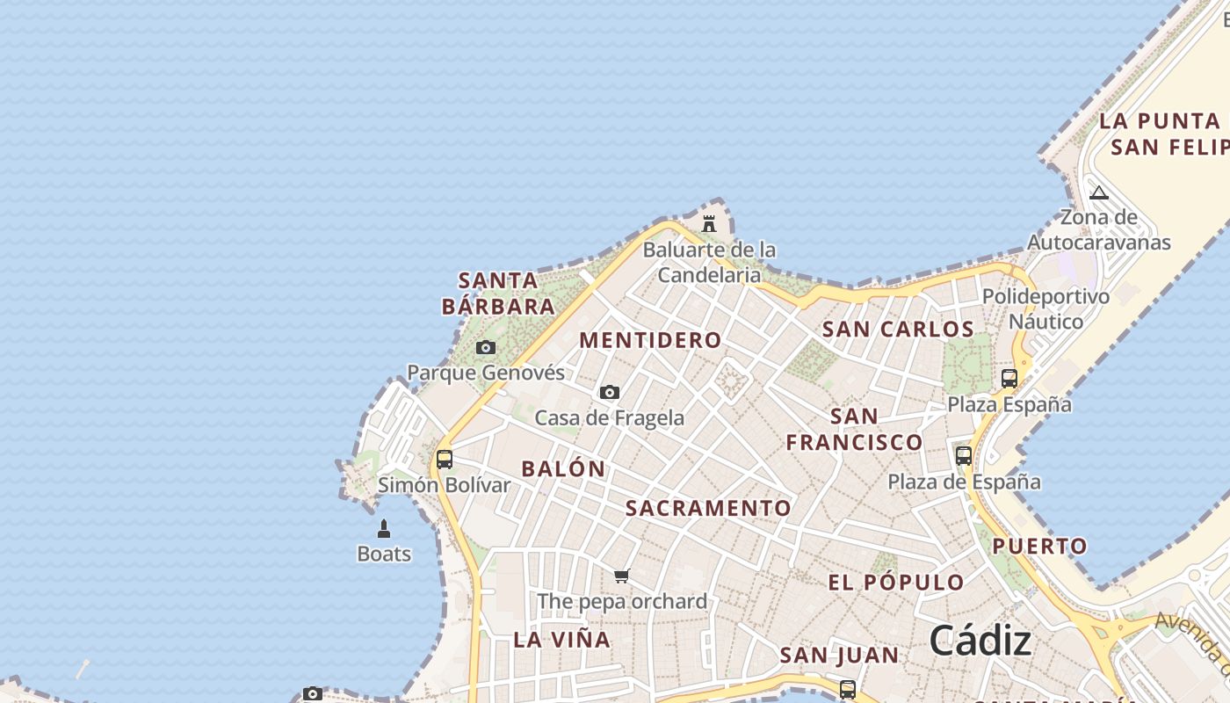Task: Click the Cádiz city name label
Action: pyautogui.click(x=980, y=641)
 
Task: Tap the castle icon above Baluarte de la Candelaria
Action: pyautogui.click(x=709, y=223)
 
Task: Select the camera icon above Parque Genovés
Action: pyautogui.click(x=486, y=348)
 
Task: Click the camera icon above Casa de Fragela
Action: pyautogui.click(x=610, y=392)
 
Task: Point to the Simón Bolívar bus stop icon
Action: pyautogui.click(x=445, y=459)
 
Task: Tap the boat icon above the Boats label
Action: pyautogui.click(x=384, y=528)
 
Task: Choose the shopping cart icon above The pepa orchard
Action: pyautogui.click(x=622, y=576)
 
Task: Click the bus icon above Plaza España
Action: pyautogui.click(x=1009, y=379)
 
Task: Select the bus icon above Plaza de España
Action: pyautogui.click(x=964, y=455)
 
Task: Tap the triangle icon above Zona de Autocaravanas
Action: pyautogui.click(x=1099, y=192)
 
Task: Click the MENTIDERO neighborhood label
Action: pyautogui.click(x=651, y=340)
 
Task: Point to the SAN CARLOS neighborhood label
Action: pyautogui.click(x=898, y=330)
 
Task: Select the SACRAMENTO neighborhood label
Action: pyautogui.click(x=709, y=508)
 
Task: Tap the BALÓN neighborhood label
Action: pyautogui.click(x=564, y=468)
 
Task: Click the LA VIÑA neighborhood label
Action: pyautogui.click(x=562, y=640)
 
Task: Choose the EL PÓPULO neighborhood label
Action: pyautogui.click(x=896, y=582)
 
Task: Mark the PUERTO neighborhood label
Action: pyautogui.click(x=1040, y=546)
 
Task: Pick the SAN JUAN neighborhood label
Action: pyautogui.click(x=840, y=655)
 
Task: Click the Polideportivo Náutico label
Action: pyautogui.click(x=1045, y=308)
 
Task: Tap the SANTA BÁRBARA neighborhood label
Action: pyautogui.click(x=498, y=294)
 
